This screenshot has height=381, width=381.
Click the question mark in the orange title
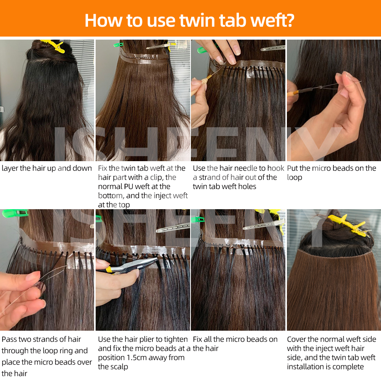tap(289, 20)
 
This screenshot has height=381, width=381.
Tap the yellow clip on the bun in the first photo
tap(53, 46)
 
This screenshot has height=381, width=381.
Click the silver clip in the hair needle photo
tap(273, 48)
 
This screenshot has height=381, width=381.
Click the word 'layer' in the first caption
tap(10, 168)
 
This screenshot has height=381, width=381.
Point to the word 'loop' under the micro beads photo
tap(294, 178)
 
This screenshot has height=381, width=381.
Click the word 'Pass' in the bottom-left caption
tap(10, 339)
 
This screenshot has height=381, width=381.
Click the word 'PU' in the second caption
tap(128, 187)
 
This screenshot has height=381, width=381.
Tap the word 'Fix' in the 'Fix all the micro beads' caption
tap(199, 339)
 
